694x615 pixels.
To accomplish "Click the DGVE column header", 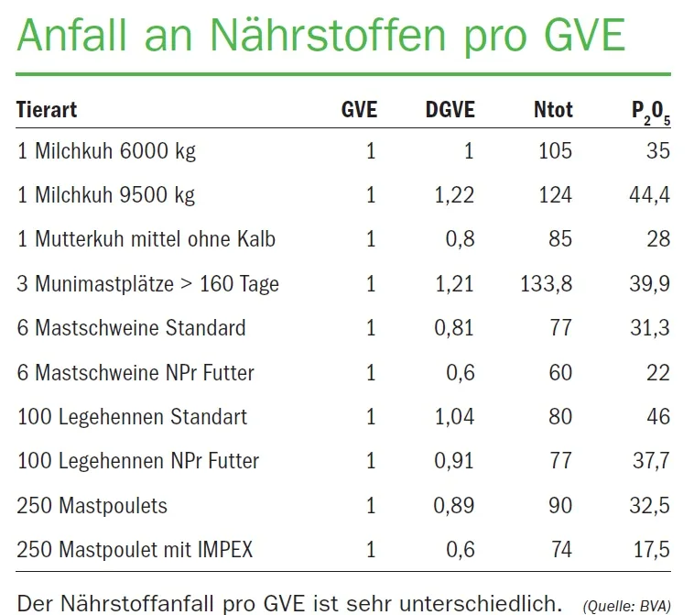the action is (x=450, y=109).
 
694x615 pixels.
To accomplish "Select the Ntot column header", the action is (x=553, y=109).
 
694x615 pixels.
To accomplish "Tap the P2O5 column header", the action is (x=651, y=113).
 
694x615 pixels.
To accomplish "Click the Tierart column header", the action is (x=47, y=109).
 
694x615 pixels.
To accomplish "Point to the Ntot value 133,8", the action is (x=547, y=284).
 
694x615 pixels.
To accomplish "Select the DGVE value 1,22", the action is (x=454, y=195).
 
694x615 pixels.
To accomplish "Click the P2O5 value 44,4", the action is (x=650, y=195).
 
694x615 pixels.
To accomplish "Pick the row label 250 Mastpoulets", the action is (x=92, y=506).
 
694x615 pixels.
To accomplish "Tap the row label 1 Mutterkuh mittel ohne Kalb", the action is (x=146, y=239).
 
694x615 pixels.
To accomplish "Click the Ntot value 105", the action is (x=556, y=151).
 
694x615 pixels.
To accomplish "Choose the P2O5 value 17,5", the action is (x=652, y=550).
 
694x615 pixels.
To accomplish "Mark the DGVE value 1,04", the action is (x=454, y=417).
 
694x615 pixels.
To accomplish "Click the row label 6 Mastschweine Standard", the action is (x=131, y=328).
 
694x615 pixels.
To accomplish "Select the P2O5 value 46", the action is (x=658, y=417).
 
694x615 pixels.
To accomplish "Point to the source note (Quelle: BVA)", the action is (x=627, y=606).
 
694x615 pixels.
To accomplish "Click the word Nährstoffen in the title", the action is (x=328, y=35).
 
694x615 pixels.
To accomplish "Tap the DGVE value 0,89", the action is (x=454, y=506).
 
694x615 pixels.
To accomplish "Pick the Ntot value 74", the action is (x=561, y=550).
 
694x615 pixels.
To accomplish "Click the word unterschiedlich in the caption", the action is (x=481, y=603).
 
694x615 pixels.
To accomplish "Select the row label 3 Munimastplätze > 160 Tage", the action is (x=147, y=284).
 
